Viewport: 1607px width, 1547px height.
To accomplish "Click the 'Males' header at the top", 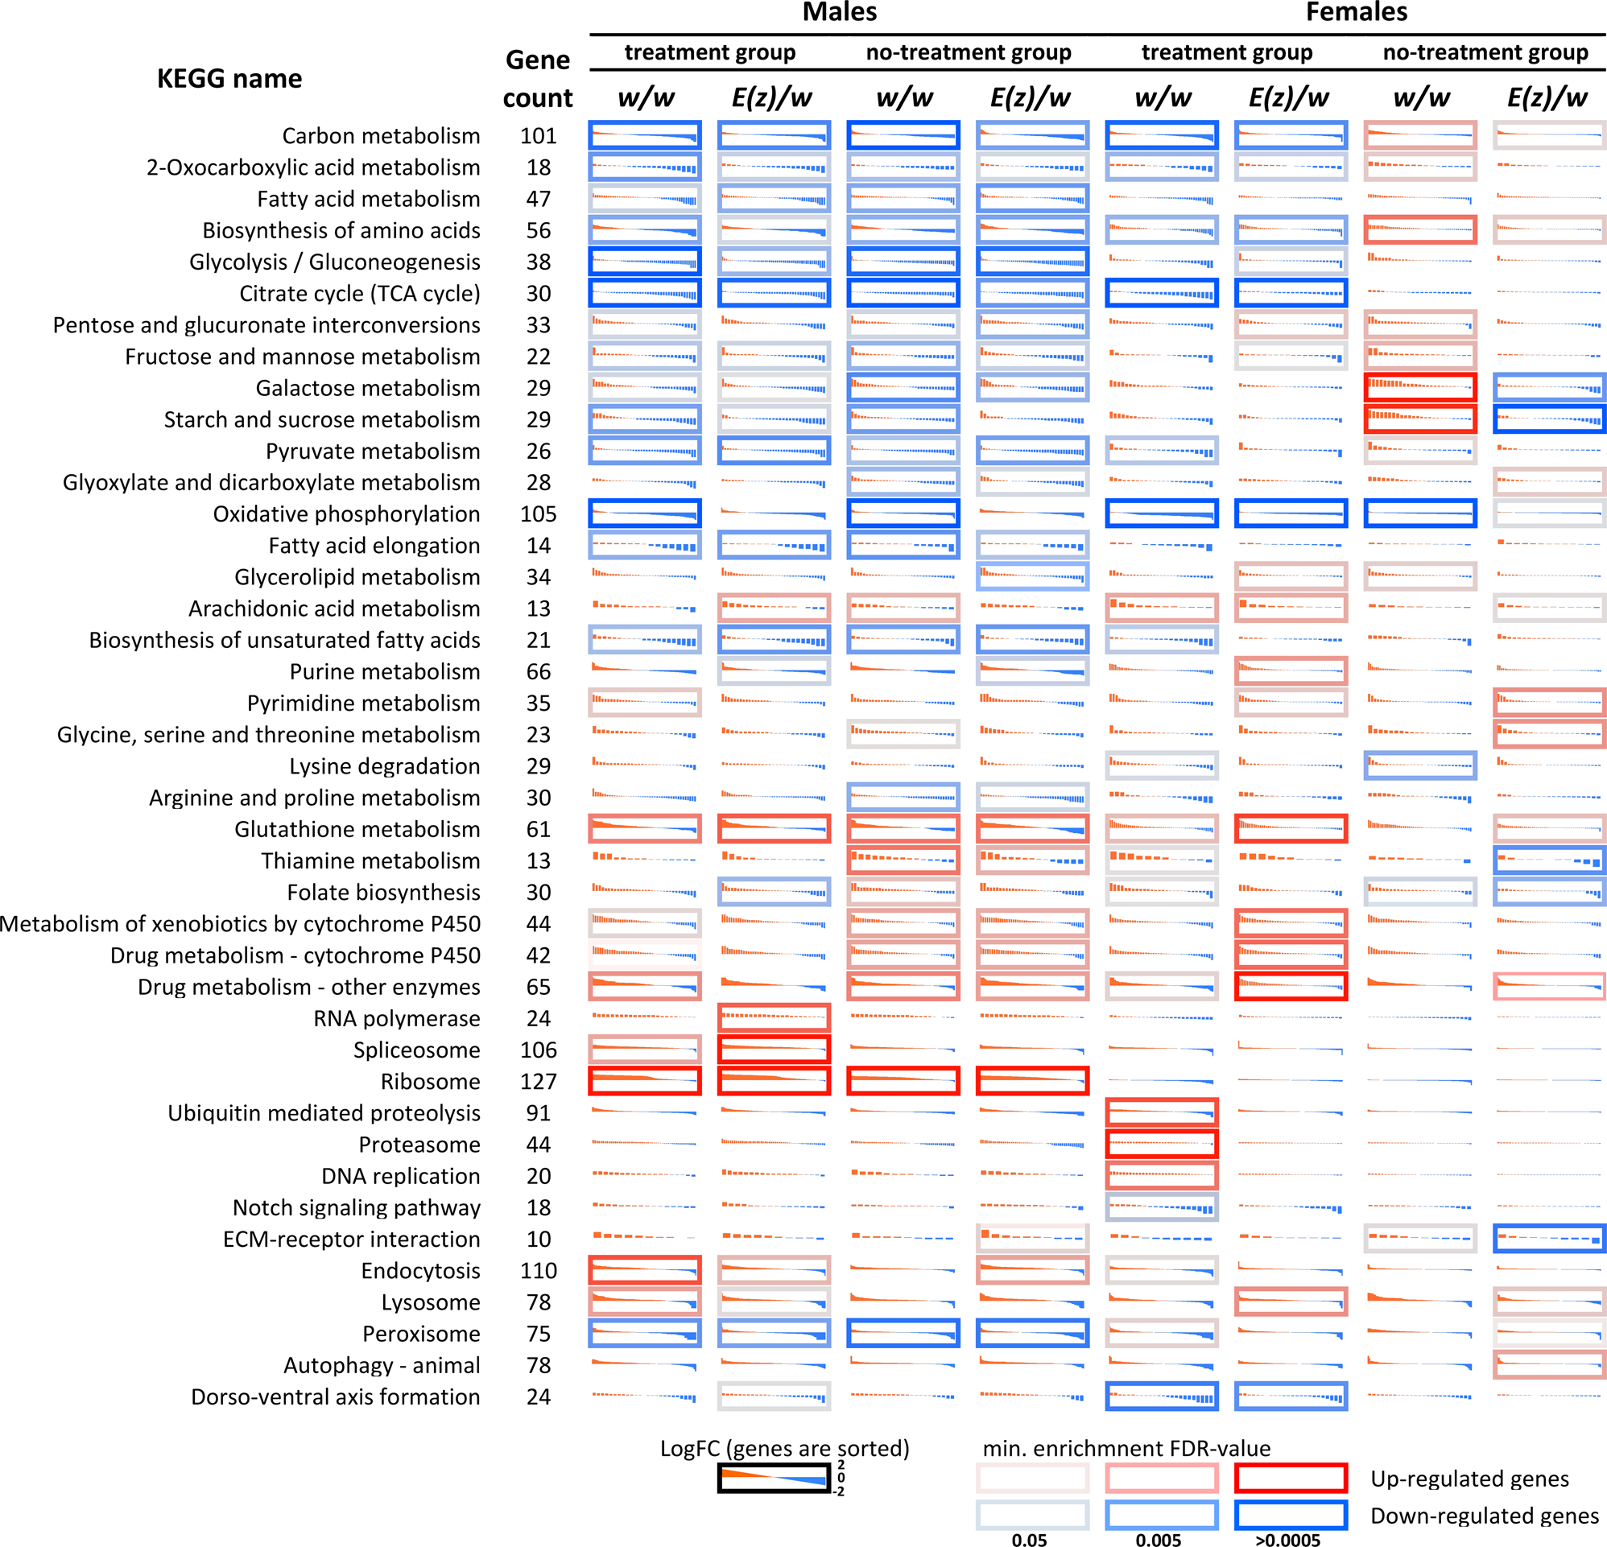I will click(x=839, y=12).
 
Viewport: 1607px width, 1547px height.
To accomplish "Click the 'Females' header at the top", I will click(x=1356, y=12).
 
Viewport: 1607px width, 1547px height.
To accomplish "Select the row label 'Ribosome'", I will click(x=430, y=1081).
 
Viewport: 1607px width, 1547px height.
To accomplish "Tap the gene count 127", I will click(x=538, y=1081).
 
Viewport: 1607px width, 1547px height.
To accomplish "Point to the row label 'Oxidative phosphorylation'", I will click(x=346, y=514).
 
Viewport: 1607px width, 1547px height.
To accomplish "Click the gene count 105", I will click(x=538, y=514).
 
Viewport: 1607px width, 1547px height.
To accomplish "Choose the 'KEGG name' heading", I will click(x=229, y=79).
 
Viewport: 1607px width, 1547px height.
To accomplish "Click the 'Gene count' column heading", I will click(x=538, y=79).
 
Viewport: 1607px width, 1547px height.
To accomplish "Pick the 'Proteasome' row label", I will click(x=419, y=1145).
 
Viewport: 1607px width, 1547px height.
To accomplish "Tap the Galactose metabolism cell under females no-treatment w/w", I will click(x=1420, y=388).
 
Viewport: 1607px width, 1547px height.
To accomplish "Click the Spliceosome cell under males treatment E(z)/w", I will click(x=773, y=1050).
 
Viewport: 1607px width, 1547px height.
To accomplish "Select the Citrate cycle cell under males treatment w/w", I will click(x=644, y=294).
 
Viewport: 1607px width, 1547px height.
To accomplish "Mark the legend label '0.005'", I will click(x=1158, y=1540).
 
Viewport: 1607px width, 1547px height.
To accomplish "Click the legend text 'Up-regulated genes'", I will click(x=1469, y=1478).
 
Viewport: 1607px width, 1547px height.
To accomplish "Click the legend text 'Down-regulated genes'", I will click(x=1484, y=1516).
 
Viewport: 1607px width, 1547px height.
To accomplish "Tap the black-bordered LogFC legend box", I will click(x=774, y=1478).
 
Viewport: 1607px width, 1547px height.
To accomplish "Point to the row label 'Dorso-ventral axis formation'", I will click(x=336, y=1397).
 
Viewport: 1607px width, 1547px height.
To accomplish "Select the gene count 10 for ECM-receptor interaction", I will click(x=538, y=1239).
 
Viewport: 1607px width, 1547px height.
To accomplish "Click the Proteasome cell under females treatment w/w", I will click(x=1161, y=1145).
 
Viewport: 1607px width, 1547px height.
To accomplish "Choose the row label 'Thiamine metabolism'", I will click(x=370, y=860).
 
